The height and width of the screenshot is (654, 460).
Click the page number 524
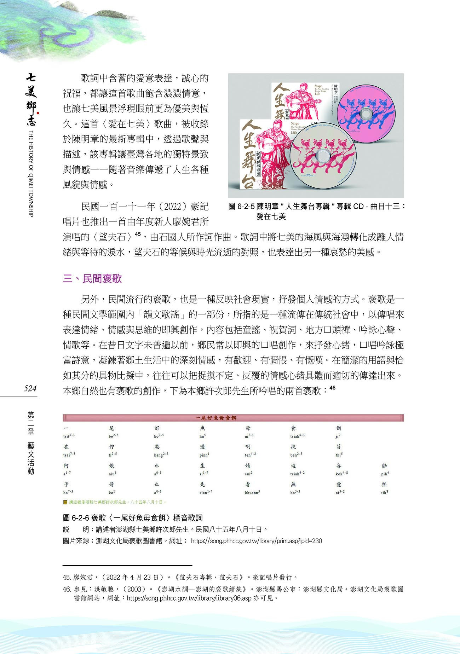pyautogui.click(x=30, y=388)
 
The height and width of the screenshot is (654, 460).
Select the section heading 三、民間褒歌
pyautogui.click(x=92, y=278)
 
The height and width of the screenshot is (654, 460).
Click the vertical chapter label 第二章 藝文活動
pyautogui.click(x=31, y=442)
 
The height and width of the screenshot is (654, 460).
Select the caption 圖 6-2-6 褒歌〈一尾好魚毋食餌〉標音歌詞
pyautogui.click(x=133, y=518)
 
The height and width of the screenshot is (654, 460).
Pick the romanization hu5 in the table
pyautogui.click(x=202, y=436)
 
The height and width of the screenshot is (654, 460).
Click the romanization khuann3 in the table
pyautogui.click(x=252, y=492)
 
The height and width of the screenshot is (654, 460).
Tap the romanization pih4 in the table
pyautogui.click(x=385, y=474)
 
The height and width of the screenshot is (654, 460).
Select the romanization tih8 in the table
pyautogui.click(x=384, y=492)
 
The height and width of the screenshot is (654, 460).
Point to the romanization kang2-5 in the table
pyautogui.click(x=161, y=455)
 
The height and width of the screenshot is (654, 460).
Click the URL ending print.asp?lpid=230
pyautogui.click(x=256, y=541)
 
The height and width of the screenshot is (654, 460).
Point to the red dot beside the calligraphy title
pyautogui.click(x=38, y=113)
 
